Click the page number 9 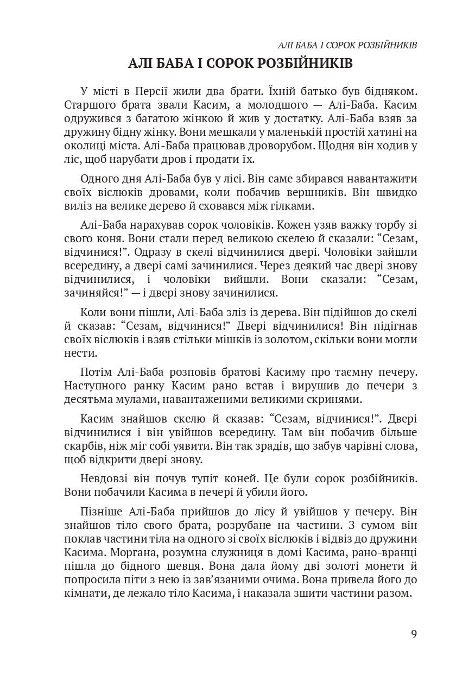[x=414, y=634]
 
